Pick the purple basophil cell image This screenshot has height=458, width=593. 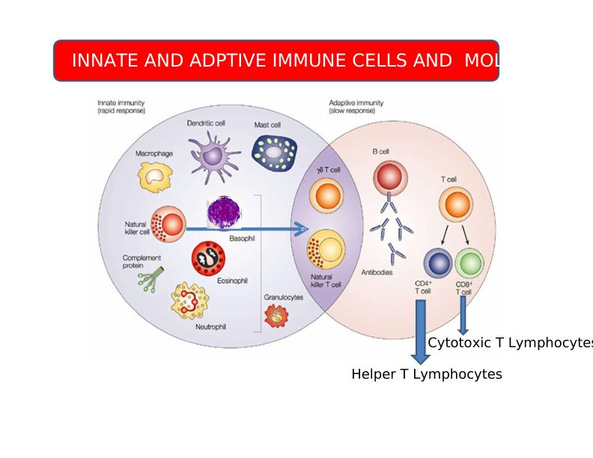(x=224, y=213)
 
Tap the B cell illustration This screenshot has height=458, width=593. (x=389, y=177)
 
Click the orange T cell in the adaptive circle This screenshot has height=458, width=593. (x=455, y=205)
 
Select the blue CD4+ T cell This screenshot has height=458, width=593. (x=438, y=263)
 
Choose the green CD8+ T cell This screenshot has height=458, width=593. (x=469, y=263)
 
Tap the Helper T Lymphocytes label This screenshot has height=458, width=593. (x=427, y=374)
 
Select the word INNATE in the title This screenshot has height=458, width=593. (x=104, y=61)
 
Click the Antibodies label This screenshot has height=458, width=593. (x=377, y=272)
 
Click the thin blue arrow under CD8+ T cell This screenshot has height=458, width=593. (x=463, y=315)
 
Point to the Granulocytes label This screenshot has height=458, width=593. (x=283, y=297)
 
